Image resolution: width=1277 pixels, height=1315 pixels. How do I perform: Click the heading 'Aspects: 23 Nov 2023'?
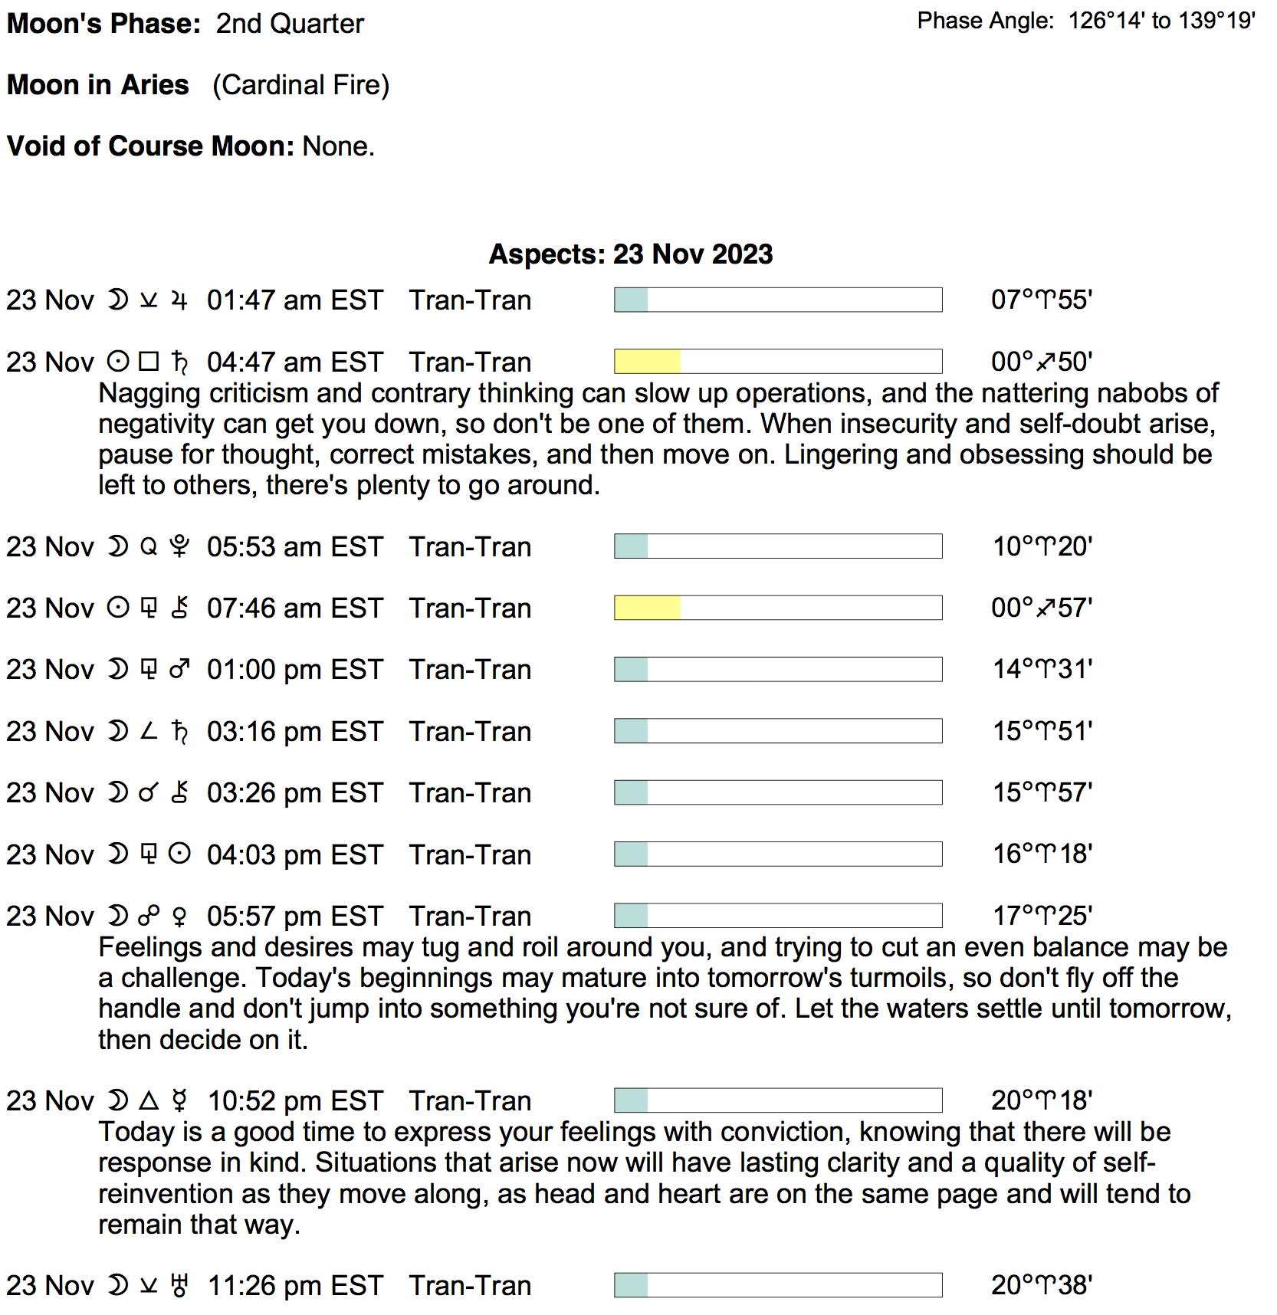click(630, 254)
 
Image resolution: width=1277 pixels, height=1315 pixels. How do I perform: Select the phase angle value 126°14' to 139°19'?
click(1161, 21)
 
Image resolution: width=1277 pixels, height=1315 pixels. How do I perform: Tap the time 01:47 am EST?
click(294, 300)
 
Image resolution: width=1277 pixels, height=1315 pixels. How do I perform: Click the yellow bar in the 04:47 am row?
click(647, 362)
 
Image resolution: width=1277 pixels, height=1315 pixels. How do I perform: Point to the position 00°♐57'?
click(1041, 608)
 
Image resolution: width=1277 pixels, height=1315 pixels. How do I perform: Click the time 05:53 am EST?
click(294, 546)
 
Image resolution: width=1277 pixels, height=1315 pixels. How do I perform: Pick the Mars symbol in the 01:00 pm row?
click(179, 669)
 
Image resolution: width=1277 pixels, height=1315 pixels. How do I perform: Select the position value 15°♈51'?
click(1042, 731)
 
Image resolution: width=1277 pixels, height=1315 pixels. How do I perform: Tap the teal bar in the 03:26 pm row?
click(631, 792)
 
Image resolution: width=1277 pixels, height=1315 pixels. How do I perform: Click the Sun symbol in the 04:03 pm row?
click(179, 854)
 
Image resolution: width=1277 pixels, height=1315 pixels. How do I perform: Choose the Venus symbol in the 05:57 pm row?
click(179, 916)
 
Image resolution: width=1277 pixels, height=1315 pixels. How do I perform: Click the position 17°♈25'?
click(1042, 915)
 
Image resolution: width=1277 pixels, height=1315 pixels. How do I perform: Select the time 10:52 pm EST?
click(294, 1100)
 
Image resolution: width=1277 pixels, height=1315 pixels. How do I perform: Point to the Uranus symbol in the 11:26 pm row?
click(179, 1285)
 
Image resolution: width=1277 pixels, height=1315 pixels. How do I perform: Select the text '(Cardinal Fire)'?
click(300, 85)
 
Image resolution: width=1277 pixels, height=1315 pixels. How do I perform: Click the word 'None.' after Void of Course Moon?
click(338, 146)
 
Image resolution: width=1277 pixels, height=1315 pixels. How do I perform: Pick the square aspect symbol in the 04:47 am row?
click(149, 361)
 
